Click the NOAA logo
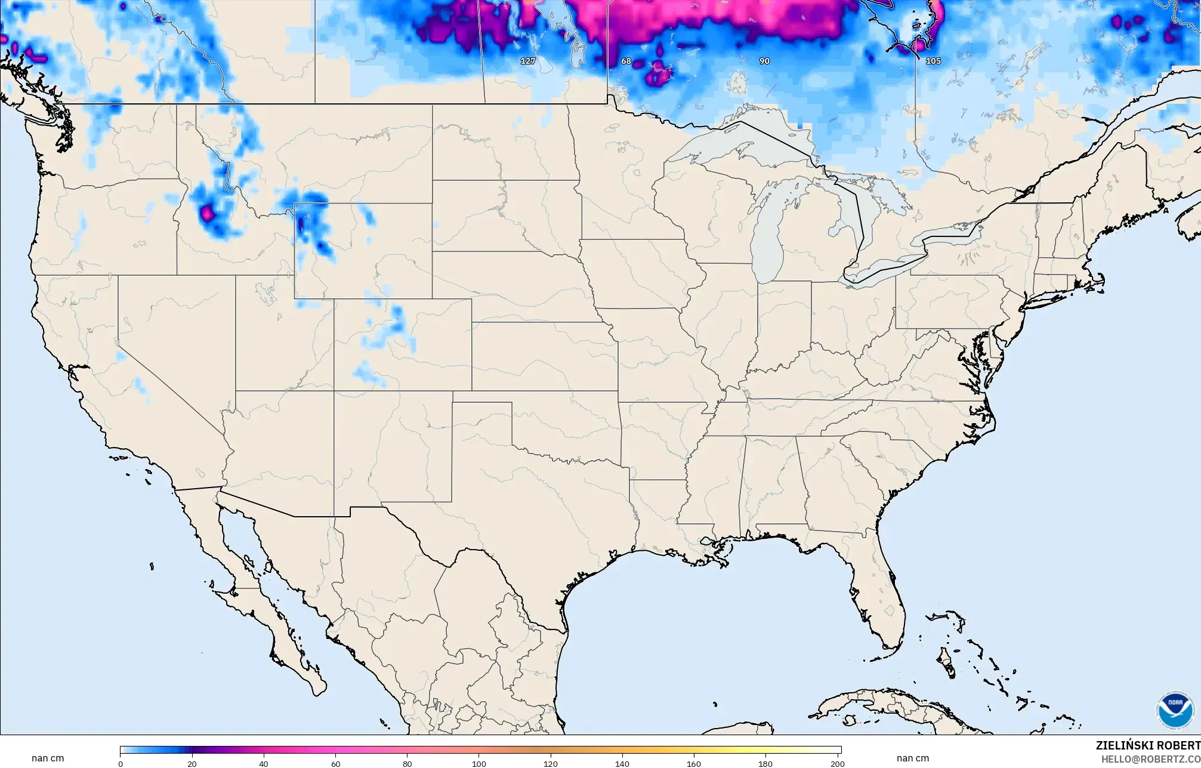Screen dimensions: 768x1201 1175,710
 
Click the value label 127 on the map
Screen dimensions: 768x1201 528,61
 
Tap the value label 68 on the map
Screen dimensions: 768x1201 626,61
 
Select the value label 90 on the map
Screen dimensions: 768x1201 764,61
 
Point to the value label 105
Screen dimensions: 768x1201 933,61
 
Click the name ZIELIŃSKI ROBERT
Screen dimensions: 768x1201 1148,745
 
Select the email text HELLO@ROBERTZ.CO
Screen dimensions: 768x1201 1150,759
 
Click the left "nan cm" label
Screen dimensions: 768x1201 48,758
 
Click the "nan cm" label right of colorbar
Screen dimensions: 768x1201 912,758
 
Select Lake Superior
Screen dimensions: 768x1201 740,143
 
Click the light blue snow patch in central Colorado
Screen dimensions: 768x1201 394,322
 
